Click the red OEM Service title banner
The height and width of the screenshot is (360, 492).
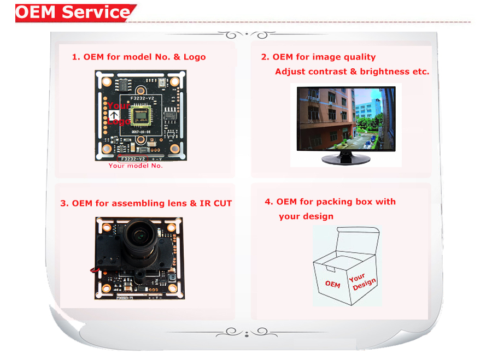pyautogui.click(x=74, y=12)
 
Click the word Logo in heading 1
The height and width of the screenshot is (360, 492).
pyautogui.click(x=194, y=57)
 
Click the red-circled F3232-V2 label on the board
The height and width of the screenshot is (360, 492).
pyautogui.click(x=134, y=158)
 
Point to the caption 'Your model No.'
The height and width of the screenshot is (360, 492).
pyautogui.click(x=135, y=166)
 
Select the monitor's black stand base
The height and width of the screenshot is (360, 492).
pyautogui.click(x=346, y=160)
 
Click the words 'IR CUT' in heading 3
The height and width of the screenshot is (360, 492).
pyautogui.click(x=217, y=203)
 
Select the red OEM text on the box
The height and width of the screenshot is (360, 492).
pyautogui.click(x=332, y=284)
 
